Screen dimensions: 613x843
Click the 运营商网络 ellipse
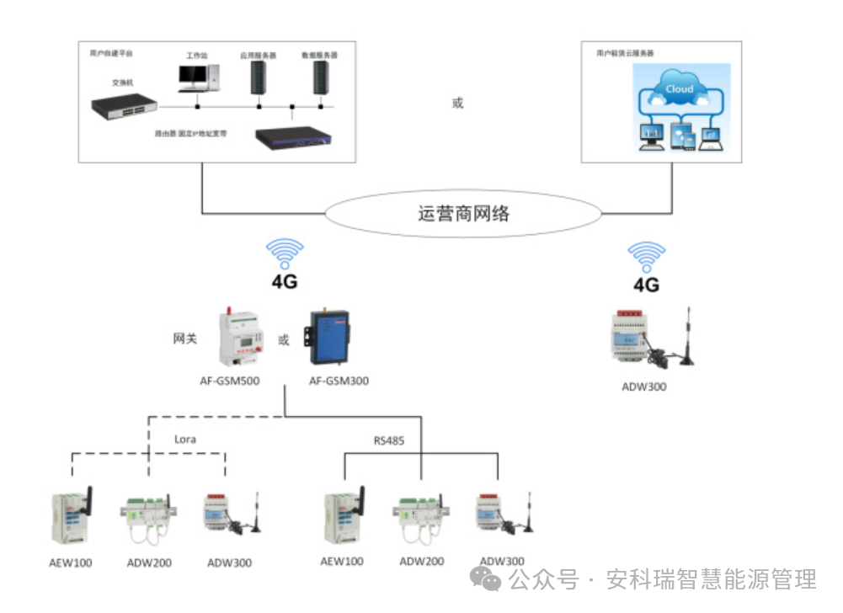[x=463, y=213]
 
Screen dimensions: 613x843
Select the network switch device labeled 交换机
[x=125, y=104]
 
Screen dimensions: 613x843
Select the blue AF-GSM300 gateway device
[x=330, y=338]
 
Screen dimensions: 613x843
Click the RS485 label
[x=390, y=440]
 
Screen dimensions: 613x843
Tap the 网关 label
[x=185, y=338]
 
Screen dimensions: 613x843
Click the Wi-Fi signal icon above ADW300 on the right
[x=646, y=255]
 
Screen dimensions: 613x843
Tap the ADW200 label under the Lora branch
[x=148, y=562]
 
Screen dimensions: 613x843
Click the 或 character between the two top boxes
[x=458, y=104]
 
